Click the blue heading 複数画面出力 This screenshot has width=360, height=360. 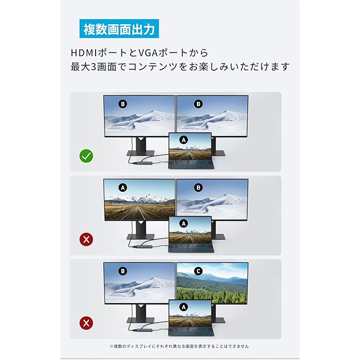119,29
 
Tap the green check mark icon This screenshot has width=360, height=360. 86,156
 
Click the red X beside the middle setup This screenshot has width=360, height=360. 86,240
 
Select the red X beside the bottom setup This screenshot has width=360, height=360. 86,323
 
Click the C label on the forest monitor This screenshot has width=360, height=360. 199,271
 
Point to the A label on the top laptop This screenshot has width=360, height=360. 183,140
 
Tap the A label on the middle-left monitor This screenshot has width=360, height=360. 123,187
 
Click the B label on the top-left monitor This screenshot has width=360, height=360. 123,104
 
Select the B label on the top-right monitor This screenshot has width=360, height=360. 199,104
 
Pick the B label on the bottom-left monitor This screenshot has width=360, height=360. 123,271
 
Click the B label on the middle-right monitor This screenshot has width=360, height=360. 199,187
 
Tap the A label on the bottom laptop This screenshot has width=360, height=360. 183,307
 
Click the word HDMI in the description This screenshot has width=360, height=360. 84,53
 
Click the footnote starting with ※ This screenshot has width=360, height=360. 179,346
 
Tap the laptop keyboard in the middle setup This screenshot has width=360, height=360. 191,248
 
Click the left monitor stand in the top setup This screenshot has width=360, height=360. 141,147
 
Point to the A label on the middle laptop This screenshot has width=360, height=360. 183,223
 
